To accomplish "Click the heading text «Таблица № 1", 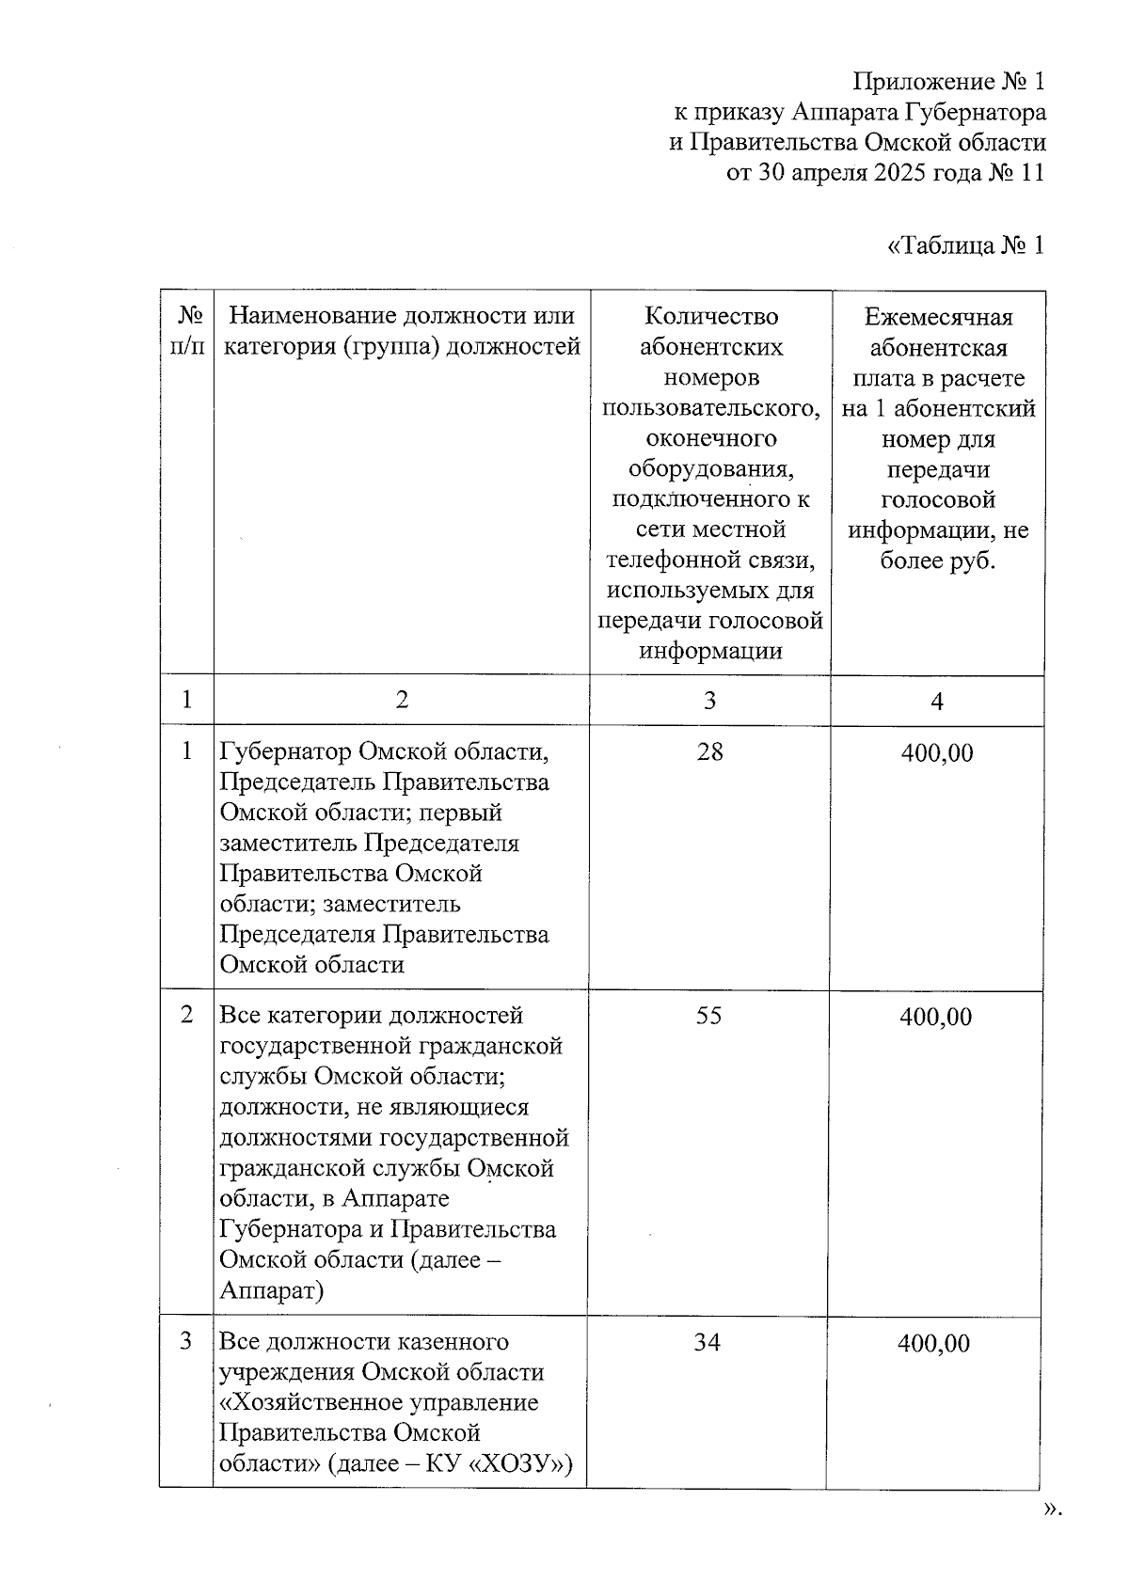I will [965, 246].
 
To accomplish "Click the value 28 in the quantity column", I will [709, 751].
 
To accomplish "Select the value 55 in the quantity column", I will [708, 1016].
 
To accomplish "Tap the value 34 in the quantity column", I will [707, 1342].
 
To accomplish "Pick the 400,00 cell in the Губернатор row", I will [936, 752].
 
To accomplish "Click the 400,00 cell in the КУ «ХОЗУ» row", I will [932, 1343].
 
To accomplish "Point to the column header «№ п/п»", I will [187, 331].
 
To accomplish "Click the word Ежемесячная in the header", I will [938, 317].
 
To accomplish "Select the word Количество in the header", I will [710, 317].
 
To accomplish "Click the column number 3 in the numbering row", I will [709, 701].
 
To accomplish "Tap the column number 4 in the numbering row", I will [936, 702].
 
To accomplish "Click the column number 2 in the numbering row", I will [402, 700].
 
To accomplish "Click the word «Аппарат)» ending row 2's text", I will [271, 1290].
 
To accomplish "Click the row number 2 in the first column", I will [187, 1016].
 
